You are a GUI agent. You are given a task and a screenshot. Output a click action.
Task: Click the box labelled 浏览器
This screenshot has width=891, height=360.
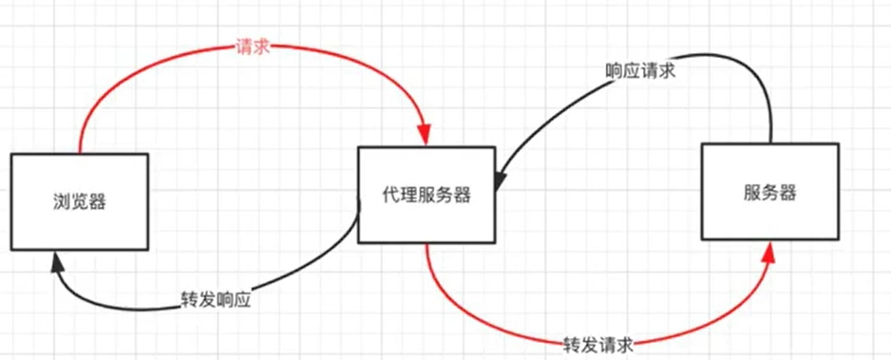(x=79, y=200)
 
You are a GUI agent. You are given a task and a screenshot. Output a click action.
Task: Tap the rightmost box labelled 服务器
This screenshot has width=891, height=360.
(x=769, y=192)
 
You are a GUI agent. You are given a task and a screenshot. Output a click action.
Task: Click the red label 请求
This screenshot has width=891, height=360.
(x=254, y=47)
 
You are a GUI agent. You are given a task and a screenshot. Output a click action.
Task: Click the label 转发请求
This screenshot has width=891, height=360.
(x=598, y=342)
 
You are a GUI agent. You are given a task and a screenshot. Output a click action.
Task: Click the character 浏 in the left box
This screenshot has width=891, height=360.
(x=59, y=200)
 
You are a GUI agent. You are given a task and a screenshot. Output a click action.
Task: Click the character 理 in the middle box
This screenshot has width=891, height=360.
(x=406, y=195)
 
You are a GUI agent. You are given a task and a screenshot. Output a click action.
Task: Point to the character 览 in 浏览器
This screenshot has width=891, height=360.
(x=79, y=200)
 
